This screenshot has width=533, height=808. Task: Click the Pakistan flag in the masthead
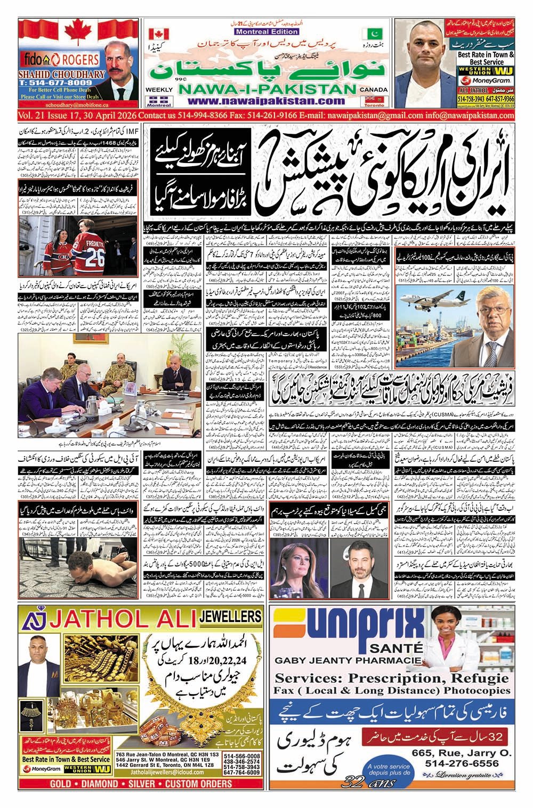pyautogui.click(x=369, y=34)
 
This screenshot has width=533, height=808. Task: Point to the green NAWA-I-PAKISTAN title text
pyautogui.click(x=265, y=90)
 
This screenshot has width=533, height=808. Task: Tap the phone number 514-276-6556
pyautogui.click(x=462, y=763)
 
